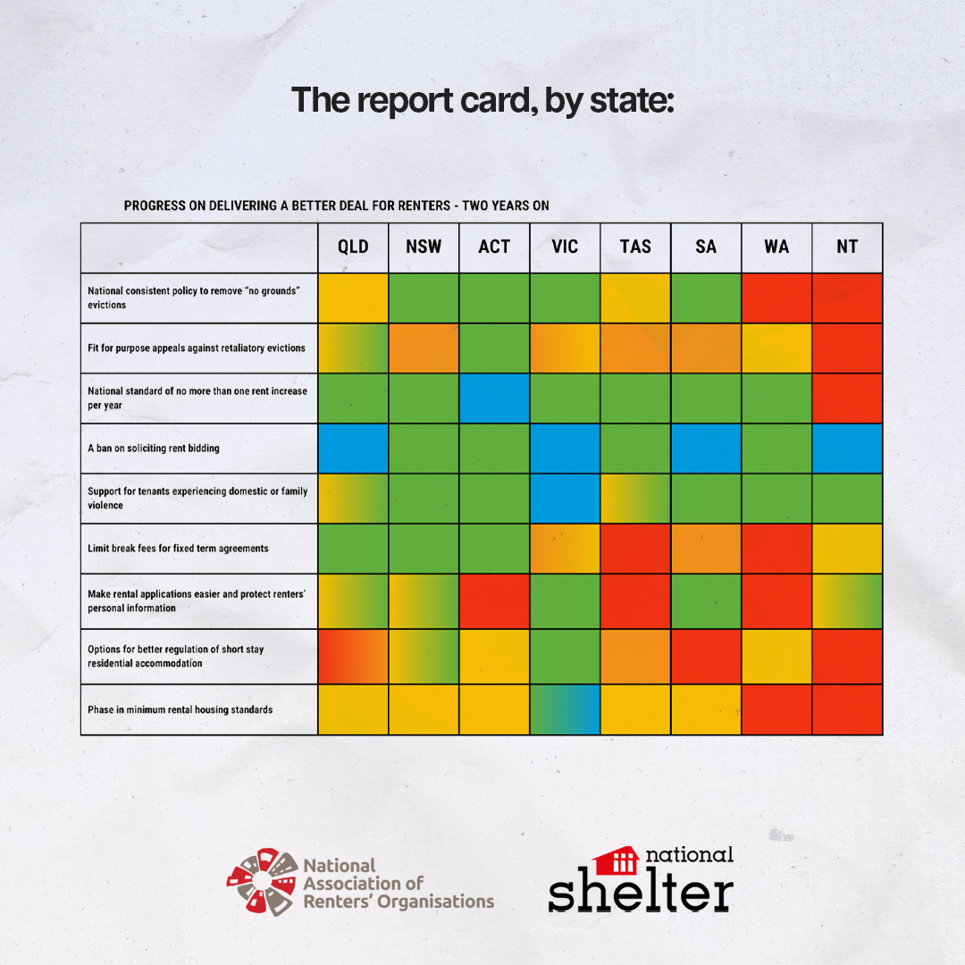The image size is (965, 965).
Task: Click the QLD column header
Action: [353, 248]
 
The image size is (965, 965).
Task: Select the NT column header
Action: [847, 248]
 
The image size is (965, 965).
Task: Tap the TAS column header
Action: [635, 248]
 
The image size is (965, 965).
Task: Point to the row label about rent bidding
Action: [153, 449]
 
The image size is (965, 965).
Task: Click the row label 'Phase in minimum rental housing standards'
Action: [180, 709]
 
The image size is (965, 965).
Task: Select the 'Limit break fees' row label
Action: [178, 548]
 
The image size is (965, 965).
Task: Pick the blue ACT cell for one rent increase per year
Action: [494, 399]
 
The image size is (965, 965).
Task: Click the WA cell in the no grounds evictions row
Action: [776, 298]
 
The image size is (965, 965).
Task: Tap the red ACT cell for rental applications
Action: [494, 601]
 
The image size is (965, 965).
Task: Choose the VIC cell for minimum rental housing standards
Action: [565, 709]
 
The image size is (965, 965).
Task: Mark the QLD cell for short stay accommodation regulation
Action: [353, 657]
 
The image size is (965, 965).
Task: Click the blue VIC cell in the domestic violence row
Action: [565, 499]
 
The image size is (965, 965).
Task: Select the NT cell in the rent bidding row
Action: [847, 449]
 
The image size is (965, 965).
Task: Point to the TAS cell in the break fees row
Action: [635, 548]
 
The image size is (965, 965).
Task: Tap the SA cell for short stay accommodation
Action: [706, 657]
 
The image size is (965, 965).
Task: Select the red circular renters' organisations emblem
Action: [261, 882]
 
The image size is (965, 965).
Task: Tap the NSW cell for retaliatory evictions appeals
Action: [424, 348]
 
